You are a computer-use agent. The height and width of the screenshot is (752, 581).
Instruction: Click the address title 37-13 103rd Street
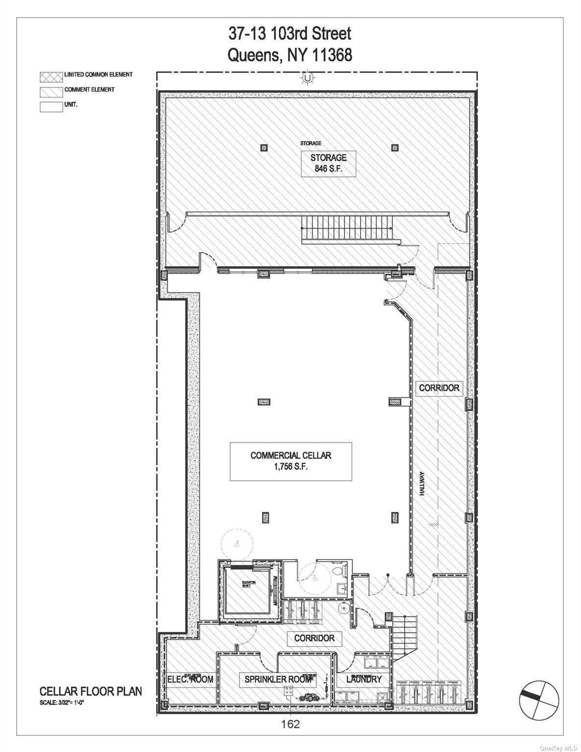(290, 34)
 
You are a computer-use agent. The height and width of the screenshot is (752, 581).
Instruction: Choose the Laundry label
(363, 679)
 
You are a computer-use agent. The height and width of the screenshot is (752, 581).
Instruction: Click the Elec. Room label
(190, 679)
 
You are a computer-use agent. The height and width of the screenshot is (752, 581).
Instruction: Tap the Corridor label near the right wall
(439, 388)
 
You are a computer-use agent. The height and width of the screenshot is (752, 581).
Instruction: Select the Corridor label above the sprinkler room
(314, 638)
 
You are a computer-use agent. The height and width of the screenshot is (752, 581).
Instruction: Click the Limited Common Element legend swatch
(51, 76)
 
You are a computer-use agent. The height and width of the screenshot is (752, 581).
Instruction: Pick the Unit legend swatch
(51, 106)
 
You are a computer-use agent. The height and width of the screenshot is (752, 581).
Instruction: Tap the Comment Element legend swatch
(51, 91)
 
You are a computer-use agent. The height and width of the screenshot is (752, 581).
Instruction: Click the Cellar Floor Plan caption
(91, 691)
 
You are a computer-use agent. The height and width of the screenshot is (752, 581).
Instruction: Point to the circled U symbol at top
(307, 77)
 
